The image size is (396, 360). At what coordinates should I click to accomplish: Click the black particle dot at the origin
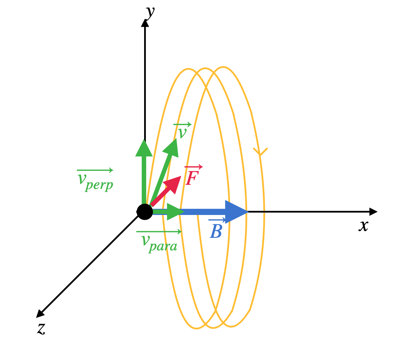point(145,212)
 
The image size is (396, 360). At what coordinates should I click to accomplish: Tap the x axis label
point(363,226)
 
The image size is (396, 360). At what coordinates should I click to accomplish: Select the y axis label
point(150,13)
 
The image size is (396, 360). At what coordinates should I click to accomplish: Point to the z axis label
point(41,328)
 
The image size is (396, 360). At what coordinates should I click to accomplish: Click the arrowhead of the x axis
point(373,212)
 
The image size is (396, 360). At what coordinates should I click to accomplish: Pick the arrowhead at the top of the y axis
point(145,23)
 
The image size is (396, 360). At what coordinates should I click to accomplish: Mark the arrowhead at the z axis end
point(40,313)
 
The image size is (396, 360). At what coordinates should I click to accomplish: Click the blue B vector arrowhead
point(236,212)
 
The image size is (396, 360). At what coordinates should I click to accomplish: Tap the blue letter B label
point(216,232)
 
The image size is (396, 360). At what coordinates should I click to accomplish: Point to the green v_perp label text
point(95,181)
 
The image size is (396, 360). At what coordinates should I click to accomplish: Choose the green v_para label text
point(159,243)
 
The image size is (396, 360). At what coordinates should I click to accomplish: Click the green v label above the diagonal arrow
point(182,133)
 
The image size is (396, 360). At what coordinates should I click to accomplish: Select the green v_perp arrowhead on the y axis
point(144,148)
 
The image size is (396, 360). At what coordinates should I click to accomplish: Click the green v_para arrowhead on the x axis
point(175,212)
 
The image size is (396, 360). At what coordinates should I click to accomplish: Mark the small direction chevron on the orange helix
point(260,152)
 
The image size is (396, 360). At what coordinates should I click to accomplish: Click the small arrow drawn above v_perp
point(95,170)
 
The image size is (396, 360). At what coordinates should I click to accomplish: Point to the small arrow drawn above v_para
point(159,232)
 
